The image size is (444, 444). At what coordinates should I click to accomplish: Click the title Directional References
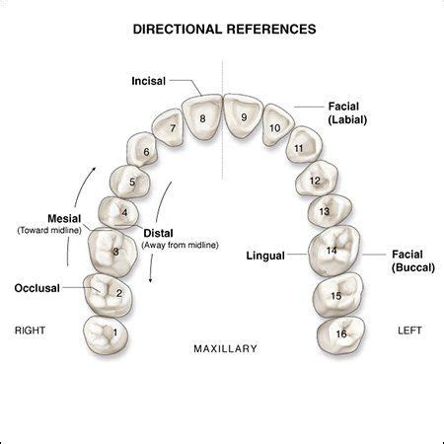224,30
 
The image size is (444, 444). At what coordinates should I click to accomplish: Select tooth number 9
244,117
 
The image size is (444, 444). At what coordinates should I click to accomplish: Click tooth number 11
299,148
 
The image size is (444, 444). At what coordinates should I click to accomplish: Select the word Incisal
148,81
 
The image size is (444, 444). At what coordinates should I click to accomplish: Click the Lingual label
264,256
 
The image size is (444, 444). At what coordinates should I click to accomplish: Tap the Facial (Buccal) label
412,260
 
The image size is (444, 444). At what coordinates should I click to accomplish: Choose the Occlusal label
37,288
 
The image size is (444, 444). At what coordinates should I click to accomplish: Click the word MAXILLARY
224,348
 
